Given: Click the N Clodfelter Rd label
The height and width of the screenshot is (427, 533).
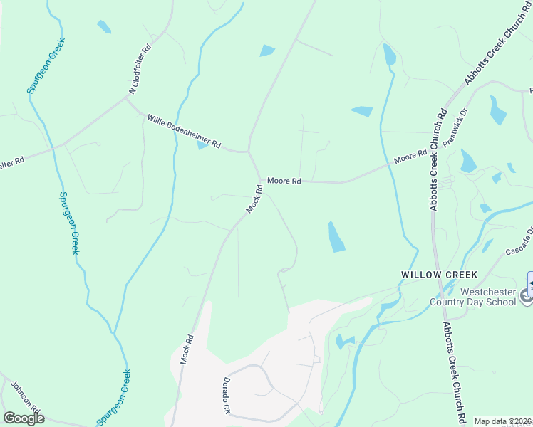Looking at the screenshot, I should point(141,71).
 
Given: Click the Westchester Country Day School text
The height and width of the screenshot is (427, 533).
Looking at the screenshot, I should point(487,297).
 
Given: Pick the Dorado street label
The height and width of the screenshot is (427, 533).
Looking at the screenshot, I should point(227,396).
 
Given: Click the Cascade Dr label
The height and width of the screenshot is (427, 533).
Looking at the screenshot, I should point(519,243).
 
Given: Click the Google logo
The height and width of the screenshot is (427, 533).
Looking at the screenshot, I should point(24,418).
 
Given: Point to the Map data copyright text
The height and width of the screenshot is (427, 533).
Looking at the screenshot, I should point(503,421).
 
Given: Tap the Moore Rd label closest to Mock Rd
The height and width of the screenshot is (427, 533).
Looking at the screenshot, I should point(284,181).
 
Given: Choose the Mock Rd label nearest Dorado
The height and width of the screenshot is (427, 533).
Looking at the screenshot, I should point(187,349).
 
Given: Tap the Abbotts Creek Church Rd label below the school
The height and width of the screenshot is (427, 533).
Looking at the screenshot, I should point(454,371).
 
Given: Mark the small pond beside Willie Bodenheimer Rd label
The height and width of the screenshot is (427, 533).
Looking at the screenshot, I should point(202,145).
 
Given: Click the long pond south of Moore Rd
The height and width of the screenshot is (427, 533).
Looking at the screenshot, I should point(336,237).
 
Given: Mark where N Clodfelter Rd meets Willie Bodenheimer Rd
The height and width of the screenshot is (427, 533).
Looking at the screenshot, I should point(126,98).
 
